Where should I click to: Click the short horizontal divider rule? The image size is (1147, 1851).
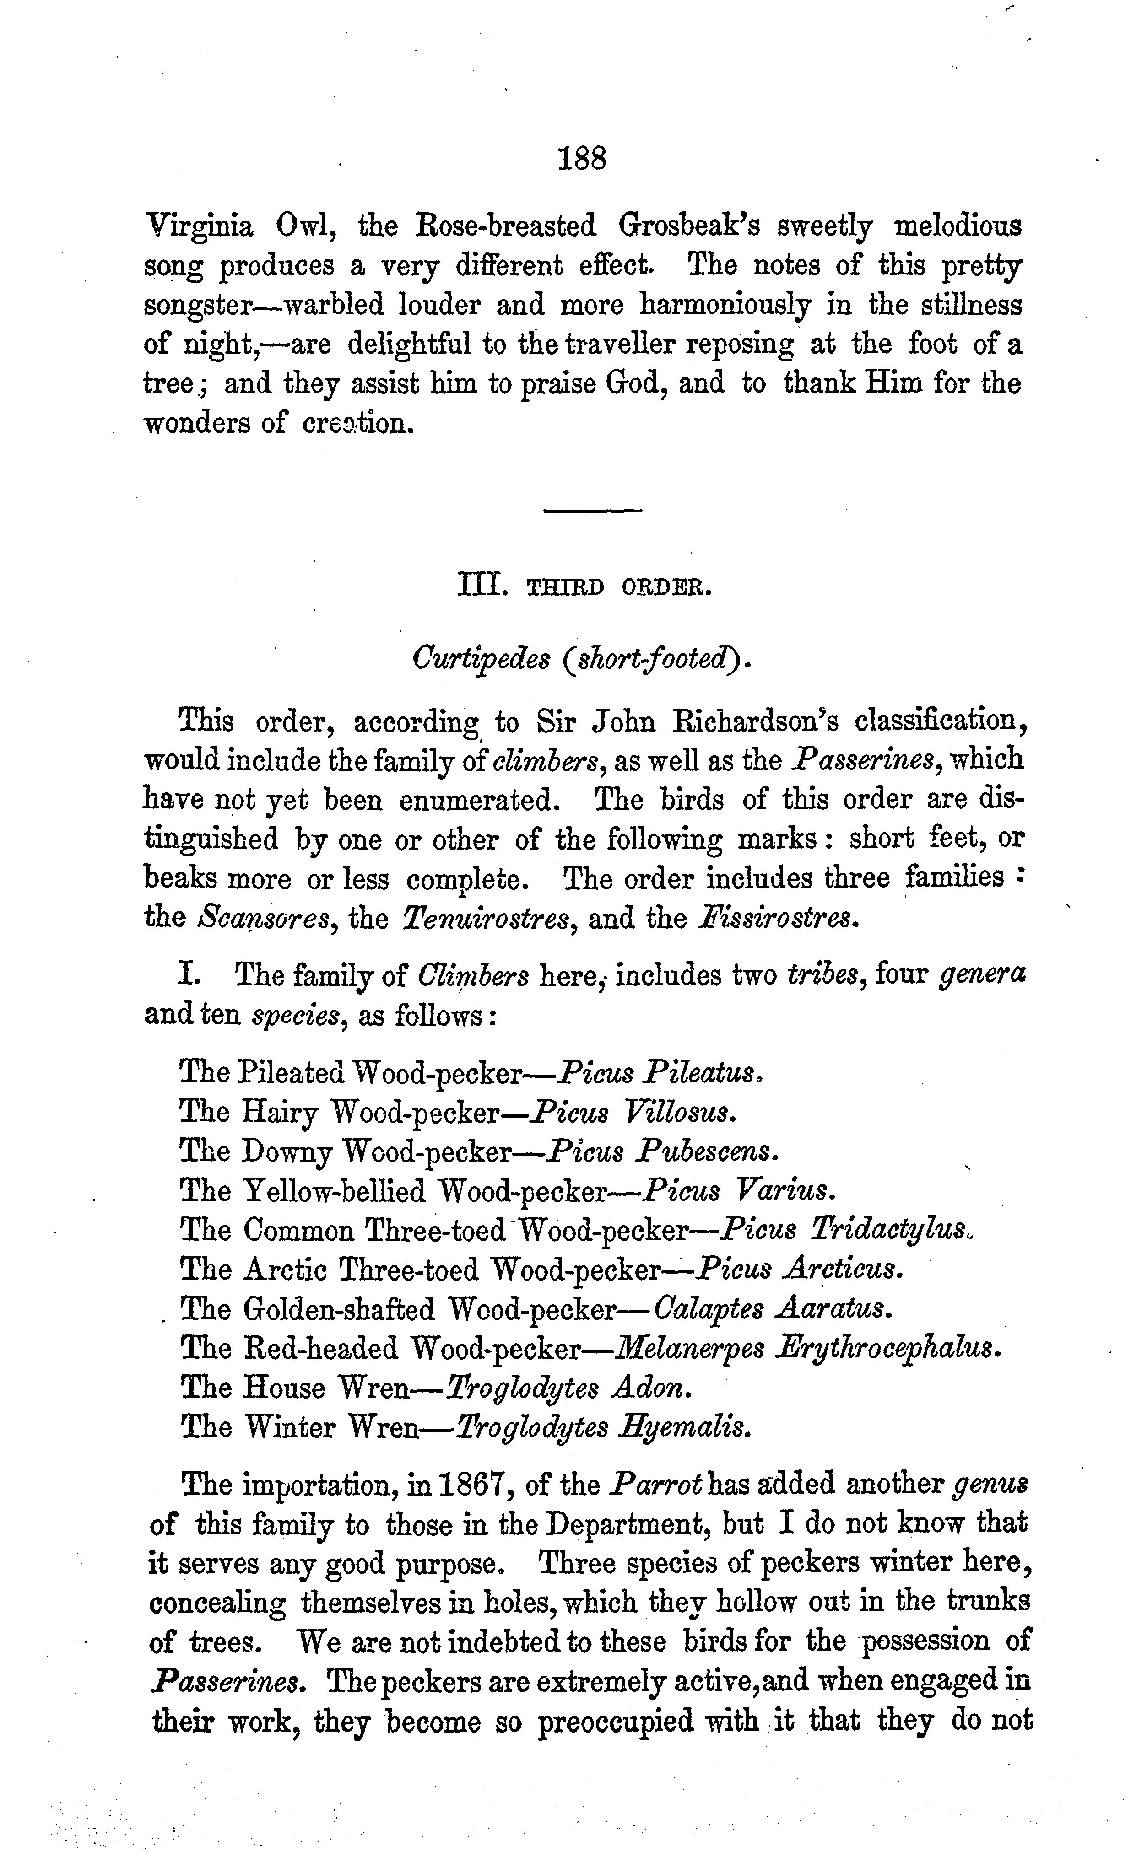click(x=592, y=511)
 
